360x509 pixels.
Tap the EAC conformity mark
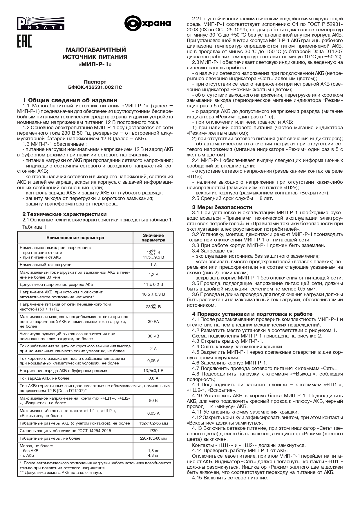[x=24, y=41]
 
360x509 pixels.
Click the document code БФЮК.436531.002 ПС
[x=95, y=87]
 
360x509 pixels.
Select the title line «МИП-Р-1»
[x=95, y=64]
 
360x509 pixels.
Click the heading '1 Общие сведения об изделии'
[x=70, y=100]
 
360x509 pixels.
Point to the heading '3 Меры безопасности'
[x=222, y=207]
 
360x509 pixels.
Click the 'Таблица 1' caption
[x=34, y=227]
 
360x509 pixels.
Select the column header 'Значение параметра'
[x=153, y=238]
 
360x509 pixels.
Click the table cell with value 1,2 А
[x=153, y=275]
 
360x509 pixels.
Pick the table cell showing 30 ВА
[x=153, y=322]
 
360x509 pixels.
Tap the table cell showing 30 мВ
[x=153, y=336]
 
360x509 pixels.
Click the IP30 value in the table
[x=153, y=431]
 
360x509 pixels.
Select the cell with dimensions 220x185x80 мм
[x=153, y=438]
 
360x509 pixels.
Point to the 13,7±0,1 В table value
[x=153, y=371]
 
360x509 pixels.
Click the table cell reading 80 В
[x=153, y=400]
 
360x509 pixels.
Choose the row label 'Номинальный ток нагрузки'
[x=46, y=265]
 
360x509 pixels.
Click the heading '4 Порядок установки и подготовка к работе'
[x=252, y=314]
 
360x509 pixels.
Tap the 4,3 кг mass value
[x=153, y=455]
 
